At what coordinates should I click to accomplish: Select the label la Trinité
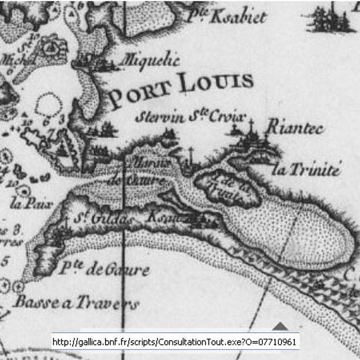coord(307,170)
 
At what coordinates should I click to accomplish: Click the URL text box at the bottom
coord(175,342)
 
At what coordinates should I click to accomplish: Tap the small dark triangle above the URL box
coord(281,326)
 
